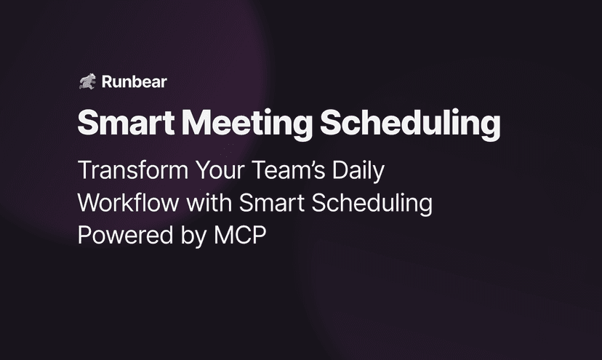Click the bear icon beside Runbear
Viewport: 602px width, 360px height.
87,82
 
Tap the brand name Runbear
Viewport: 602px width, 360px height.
135,82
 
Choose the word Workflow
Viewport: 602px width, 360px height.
127,204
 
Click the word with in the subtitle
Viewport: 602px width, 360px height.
207,204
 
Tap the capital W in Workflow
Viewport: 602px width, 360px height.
89,204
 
